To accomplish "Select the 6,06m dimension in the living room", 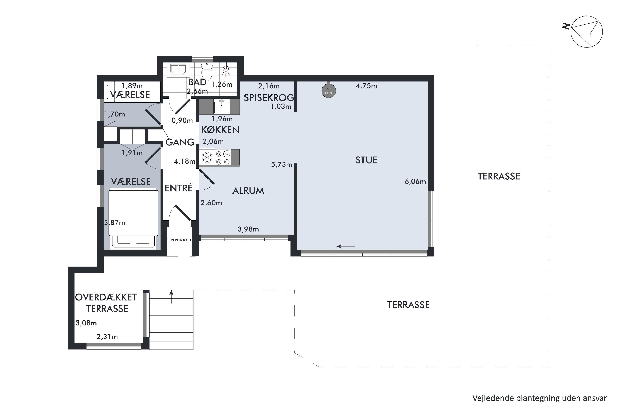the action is point(415,182).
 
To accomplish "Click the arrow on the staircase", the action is point(171,297).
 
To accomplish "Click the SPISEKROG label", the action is point(269,98).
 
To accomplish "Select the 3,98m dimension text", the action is point(248,229).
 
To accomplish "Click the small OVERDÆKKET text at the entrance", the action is point(180,240).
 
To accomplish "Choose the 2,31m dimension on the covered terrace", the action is point(107,337).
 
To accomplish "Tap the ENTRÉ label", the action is point(179,188).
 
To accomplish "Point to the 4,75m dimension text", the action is point(366,86).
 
